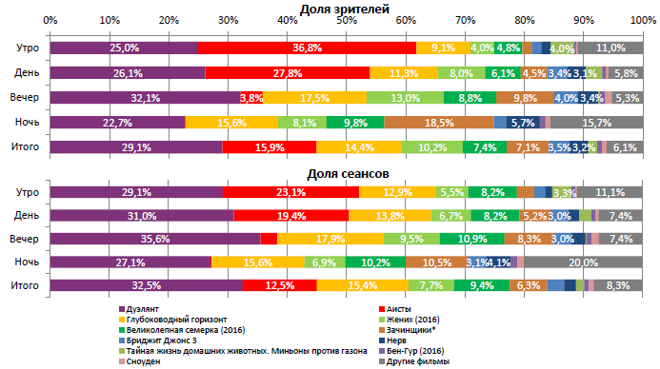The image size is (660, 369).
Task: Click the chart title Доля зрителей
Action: click(x=345, y=9)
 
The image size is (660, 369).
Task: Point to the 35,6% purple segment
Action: click(x=154, y=238)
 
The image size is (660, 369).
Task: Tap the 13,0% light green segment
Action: click(x=405, y=98)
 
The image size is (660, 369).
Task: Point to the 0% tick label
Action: click(x=50, y=21)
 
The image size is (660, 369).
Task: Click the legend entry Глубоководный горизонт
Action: click(x=173, y=319)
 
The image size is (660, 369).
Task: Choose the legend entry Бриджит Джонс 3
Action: click(x=159, y=340)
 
